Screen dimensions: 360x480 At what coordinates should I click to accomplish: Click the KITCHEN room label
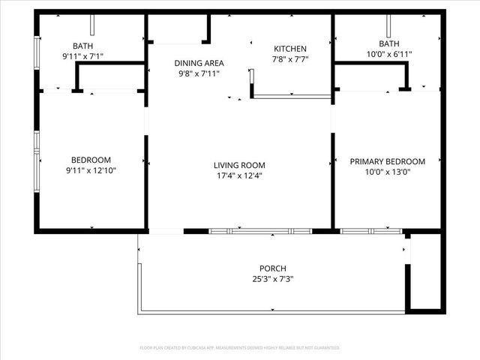290,49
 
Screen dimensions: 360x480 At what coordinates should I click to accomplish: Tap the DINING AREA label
199,64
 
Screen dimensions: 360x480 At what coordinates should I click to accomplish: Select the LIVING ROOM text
239,166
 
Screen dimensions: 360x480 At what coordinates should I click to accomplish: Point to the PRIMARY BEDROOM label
388,161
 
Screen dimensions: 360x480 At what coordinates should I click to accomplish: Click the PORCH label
273,268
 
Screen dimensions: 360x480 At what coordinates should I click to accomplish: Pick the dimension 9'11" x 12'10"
91,170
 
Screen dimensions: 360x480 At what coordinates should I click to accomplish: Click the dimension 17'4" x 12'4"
239,176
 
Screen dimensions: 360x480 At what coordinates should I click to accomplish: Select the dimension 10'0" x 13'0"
388,172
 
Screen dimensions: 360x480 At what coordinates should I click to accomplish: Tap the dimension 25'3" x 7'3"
273,279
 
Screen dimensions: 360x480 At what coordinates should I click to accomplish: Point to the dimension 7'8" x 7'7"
290,59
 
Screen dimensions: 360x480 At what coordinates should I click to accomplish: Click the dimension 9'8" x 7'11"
199,74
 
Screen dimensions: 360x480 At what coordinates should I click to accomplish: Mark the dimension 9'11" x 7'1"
82,56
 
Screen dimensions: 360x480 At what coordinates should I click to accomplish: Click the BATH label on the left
82,46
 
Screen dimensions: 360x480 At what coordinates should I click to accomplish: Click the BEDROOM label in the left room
91,160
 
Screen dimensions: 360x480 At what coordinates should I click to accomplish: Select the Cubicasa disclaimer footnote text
240,348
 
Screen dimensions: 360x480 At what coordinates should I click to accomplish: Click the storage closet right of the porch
425,271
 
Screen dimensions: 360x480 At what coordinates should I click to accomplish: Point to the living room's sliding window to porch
259,231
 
